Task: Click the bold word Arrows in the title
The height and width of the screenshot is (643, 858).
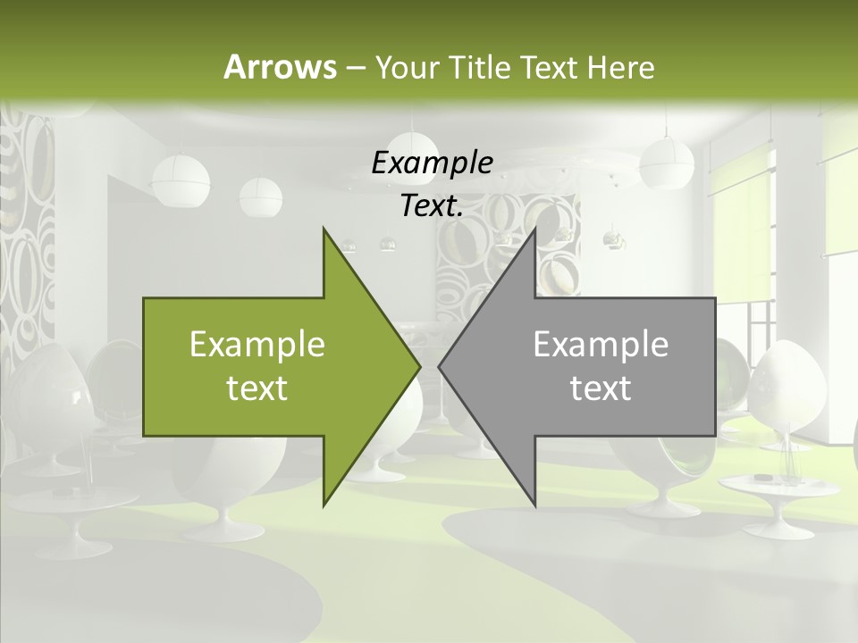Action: click(x=280, y=67)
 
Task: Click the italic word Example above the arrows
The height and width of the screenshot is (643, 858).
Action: click(x=432, y=163)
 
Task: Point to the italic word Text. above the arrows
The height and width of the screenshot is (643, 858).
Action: click(x=432, y=206)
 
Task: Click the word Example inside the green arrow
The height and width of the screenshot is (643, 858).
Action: click(x=257, y=344)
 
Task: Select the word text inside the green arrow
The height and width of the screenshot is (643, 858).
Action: click(x=257, y=388)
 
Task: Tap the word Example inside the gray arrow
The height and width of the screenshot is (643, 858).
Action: click(x=601, y=344)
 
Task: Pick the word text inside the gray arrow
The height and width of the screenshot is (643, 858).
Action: click(x=601, y=388)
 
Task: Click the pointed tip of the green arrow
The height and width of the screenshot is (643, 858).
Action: click(x=420, y=366)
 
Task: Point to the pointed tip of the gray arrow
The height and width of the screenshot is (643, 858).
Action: click(x=439, y=366)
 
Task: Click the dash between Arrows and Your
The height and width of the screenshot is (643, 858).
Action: click(x=355, y=67)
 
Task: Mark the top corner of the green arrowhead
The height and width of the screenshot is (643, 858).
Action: click(x=324, y=229)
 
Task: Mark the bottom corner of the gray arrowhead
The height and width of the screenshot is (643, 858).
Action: click(x=534, y=505)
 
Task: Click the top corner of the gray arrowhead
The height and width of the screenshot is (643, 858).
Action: click(x=534, y=229)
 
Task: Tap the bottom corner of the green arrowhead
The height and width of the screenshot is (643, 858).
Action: click(x=324, y=505)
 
